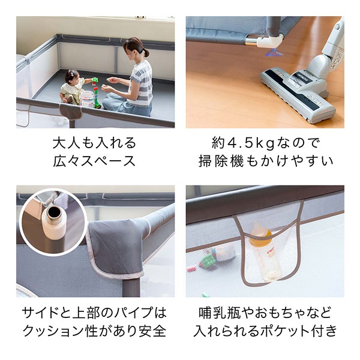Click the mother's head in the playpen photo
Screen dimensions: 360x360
[135, 48]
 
